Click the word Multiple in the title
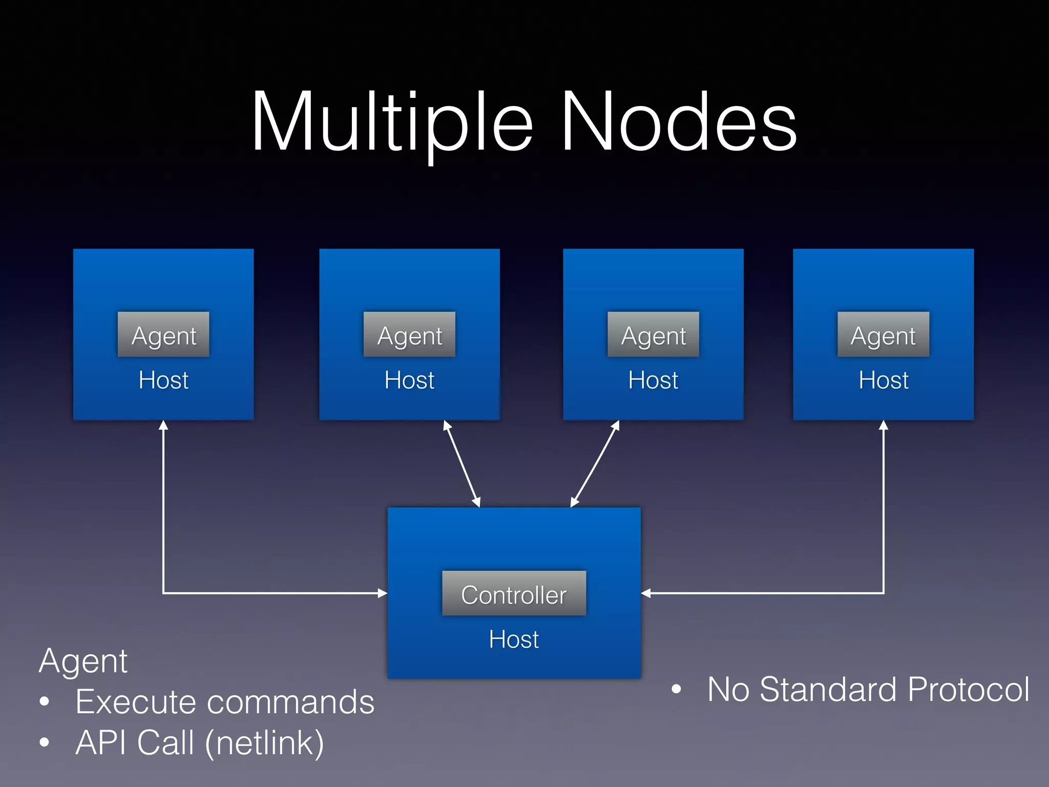click(x=392, y=123)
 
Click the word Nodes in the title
click(x=679, y=123)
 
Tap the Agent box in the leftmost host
click(x=163, y=335)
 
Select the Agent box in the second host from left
click(x=409, y=335)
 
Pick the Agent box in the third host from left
click(x=653, y=335)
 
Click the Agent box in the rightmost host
click(x=883, y=335)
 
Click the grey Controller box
click(x=514, y=593)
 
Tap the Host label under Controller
click(x=514, y=639)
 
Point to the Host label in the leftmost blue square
click(x=163, y=380)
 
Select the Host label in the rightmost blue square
click(x=884, y=380)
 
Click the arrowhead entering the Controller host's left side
click(x=382, y=593)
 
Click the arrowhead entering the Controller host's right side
click(x=646, y=593)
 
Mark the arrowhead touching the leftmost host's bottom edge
click(x=163, y=425)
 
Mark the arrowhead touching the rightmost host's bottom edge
click(x=884, y=425)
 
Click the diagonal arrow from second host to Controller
click(x=462, y=464)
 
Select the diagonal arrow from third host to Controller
click(x=595, y=464)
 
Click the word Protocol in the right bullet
click(x=968, y=689)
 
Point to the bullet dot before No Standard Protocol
click(x=676, y=690)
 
